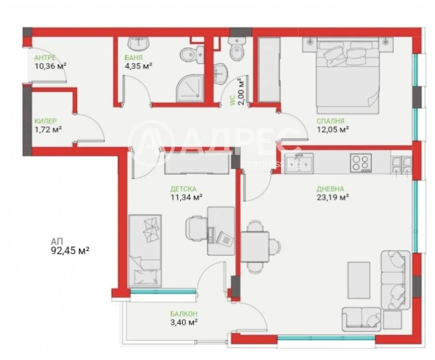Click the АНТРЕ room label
click(45, 58)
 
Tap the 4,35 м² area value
click(139, 66)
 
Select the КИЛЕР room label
click(46, 121)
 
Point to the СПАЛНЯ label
click(331, 121)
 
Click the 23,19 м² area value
click(333, 197)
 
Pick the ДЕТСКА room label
click(183, 189)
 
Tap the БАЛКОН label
click(184, 314)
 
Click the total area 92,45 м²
click(70, 251)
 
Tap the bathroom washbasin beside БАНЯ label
click(139, 43)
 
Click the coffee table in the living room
click(359, 280)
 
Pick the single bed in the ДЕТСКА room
click(145, 251)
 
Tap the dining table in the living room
click(255, 247)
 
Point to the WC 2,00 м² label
click(237, 92)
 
